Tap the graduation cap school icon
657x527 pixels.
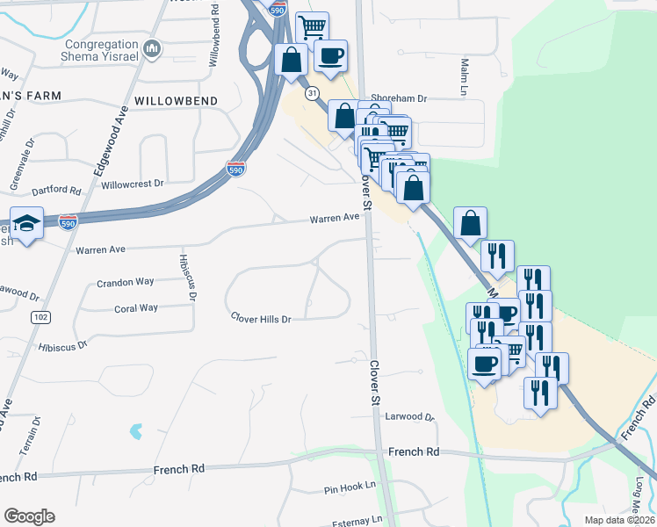(x=27, y=223)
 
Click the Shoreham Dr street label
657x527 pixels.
(x=398, y=99)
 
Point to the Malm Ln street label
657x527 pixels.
(x=464, y=77)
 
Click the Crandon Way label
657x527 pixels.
(x=125, y=282)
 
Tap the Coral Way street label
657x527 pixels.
(x=135, y=308)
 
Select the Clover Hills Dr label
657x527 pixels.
(x=260, y=319)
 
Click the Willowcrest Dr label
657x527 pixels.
(x=133, y=184)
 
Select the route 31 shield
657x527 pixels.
(x=312, y=92)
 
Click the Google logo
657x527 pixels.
(x=29, y=516)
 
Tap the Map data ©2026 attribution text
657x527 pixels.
(x=618, y=520)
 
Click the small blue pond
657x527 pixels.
(x=135, y=431)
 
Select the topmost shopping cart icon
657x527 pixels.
(x=312, y=27)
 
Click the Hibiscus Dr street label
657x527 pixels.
(x=62, y=346)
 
